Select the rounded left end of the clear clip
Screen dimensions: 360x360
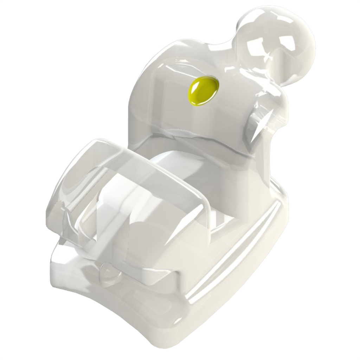coord(58,197)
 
